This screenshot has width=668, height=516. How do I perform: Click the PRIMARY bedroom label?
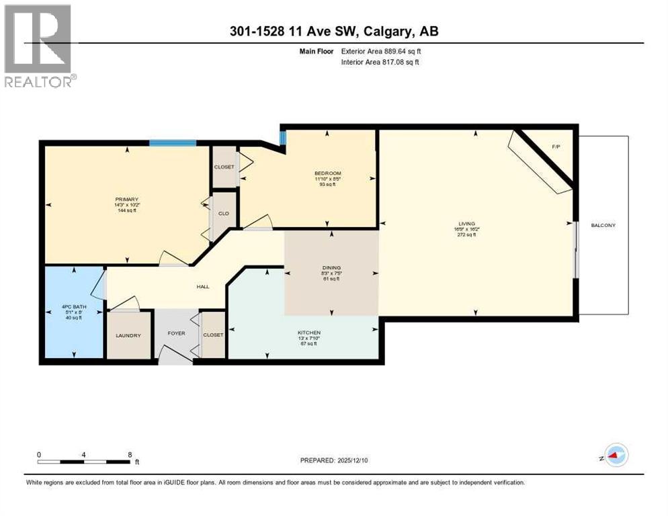(x=126, y=199)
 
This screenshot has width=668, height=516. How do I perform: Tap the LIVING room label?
(x=466, y=224)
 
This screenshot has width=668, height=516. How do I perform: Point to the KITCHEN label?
(x=309, y=333)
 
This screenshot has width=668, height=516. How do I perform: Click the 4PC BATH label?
(x=71, y=307)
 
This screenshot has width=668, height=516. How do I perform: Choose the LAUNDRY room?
(x=128, y=335)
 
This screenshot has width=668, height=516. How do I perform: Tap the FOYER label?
(x=176, y=333)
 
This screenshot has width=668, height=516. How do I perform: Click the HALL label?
(x=202, y=286)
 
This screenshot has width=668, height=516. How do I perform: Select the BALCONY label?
(x=603, y=226)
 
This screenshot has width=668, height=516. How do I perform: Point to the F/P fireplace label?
(x=556, y=146)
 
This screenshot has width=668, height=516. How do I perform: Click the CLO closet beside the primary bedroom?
(x=223, y=214)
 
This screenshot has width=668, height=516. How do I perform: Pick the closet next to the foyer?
(x=213, y=335)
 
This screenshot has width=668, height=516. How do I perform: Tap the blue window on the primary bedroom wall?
(x=172, y=142)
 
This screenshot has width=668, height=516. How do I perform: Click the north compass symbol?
(x=615, y=456)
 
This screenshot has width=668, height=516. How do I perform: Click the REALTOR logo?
(x=39, y=46)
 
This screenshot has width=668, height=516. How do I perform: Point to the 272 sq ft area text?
(x=466, y=235)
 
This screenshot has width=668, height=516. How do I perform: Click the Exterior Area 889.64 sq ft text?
(x=381, y=51)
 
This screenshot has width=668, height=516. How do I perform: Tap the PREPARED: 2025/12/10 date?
(x=334, y=460)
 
